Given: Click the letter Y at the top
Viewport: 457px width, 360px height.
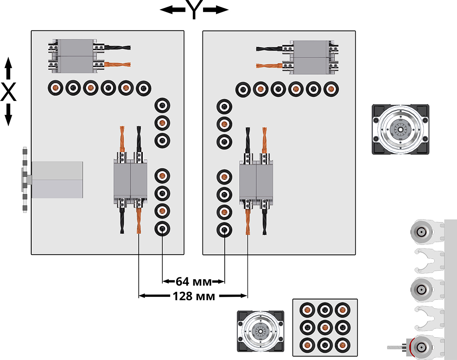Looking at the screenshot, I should click(194, 10).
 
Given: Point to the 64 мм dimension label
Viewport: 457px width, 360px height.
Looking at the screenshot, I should click(193, 282).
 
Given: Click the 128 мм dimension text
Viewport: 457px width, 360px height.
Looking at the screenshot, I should click(193, 296).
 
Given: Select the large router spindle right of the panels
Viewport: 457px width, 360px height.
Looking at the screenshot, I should click(401, 130).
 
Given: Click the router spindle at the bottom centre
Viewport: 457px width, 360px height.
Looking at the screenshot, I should click(260, 330).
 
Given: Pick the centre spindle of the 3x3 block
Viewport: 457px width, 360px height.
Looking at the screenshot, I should click(324, 327).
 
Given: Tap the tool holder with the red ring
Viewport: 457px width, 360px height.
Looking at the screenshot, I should click(420, 347).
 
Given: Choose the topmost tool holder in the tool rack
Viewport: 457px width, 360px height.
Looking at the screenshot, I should click(420, 231).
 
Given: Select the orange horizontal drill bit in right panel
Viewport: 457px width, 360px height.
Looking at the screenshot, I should click(269, 66).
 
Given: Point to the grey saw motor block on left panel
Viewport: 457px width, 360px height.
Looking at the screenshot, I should click(57, 179).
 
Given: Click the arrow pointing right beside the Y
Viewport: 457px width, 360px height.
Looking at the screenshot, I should click(217, 10).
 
